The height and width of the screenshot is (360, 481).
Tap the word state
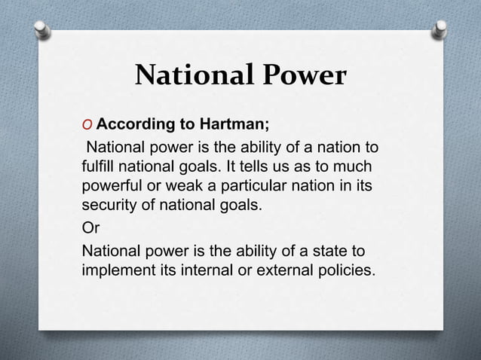337,250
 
